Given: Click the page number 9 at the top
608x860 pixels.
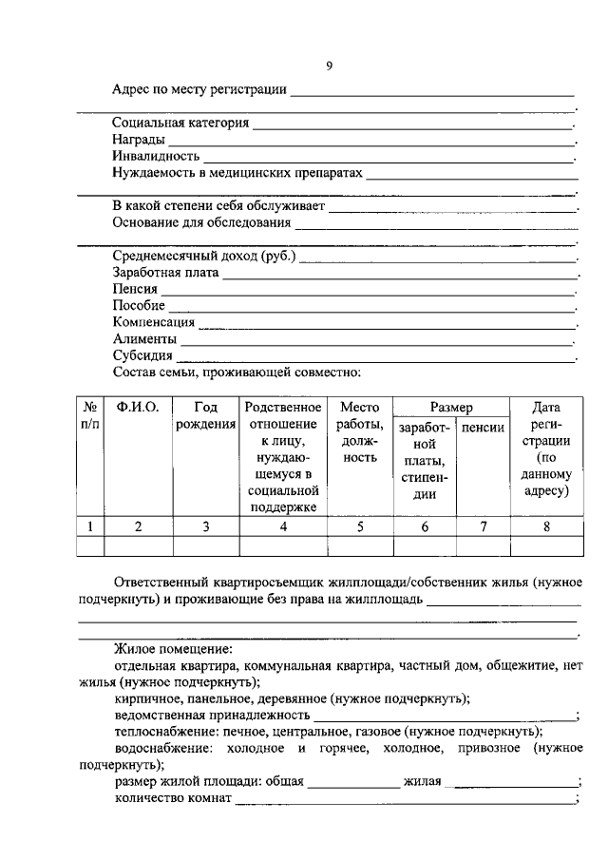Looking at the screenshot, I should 329,66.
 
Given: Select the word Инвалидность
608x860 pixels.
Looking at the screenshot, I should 156,157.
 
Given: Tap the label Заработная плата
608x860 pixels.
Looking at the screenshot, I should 165,273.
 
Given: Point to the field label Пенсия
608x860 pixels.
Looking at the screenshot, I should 135,289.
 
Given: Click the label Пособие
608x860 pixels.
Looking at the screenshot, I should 139,306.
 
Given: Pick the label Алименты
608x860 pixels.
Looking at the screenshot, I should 143,339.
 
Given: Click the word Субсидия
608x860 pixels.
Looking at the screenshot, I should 142,356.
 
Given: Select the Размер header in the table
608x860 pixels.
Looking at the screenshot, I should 450,407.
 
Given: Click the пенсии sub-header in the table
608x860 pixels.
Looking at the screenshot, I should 483,428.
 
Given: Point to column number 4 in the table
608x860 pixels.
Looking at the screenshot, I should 283,526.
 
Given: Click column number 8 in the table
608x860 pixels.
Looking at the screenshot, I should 545,526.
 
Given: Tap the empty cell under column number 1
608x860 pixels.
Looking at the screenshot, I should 89,545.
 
